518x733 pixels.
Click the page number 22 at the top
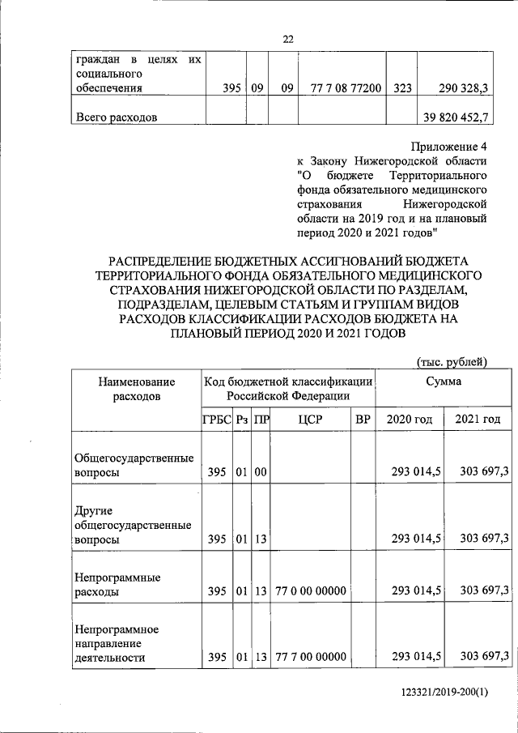288,39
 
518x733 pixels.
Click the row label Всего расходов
116,117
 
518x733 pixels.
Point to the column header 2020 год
410,420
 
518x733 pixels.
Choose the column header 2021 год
478,420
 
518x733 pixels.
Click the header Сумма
444,381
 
